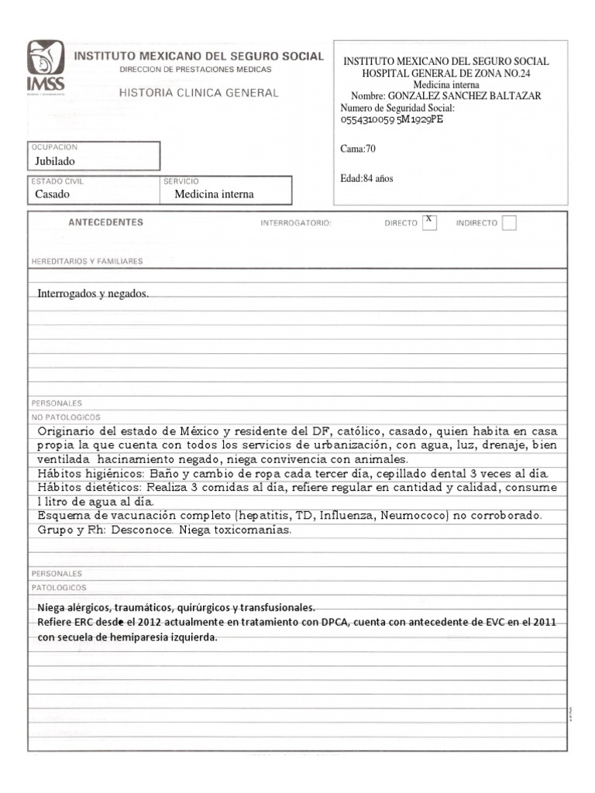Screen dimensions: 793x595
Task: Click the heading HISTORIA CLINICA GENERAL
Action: pyautogui.click(x=198, y=93)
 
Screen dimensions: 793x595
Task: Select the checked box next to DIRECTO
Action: pyautogui.click(x=428, y=221)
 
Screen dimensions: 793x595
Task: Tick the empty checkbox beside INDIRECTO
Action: pyautogui.click(x=509, y=223)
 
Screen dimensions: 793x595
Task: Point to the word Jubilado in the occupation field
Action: pyautogui.click(x=56, y=162)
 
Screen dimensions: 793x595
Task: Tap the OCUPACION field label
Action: pyautogui.click(x=54, y=147)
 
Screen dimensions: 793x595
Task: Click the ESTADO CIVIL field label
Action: pyautogui.click(x=57, y=181)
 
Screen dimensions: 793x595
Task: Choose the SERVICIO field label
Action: pyautogui.click(x=182, y=181)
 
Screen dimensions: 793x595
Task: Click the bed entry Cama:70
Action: pyautogui.click(x=358, y=149)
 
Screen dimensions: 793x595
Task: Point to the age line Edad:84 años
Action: pyautogui.click(x=367, y=178)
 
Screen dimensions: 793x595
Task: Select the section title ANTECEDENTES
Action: pyautogui.click(x=105, y=222)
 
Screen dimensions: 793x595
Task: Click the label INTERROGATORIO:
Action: pyautogui.click(x=296, y=223)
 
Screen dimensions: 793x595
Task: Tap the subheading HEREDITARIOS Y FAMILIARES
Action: pyautogui.click(x=87, y=262)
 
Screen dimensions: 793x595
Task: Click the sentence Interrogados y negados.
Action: pyautogui.click(x=92, y=294)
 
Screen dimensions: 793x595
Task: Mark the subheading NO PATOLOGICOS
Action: pyautogui.click(x=61, y=417)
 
